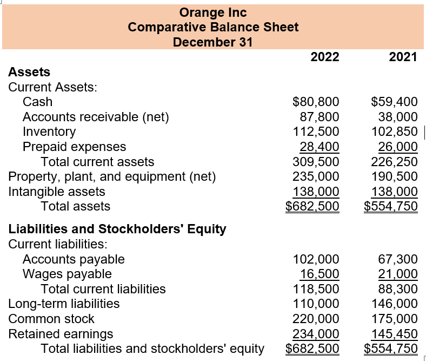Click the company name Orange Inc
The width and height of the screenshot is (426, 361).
pos(212,12)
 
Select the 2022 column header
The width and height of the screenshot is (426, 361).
pos(325,57)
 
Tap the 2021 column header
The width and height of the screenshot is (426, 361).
pos(403,57)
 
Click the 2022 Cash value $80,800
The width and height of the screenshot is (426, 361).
pos(316,102)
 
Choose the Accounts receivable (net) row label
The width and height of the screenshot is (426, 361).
pos(96,117)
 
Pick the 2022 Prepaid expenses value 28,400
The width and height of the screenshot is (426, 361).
pos(319,147)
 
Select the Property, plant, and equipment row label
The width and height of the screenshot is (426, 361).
pos(112,176)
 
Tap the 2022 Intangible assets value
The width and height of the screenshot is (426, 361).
pos(316,191)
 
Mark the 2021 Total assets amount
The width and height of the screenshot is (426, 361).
pos(391,206)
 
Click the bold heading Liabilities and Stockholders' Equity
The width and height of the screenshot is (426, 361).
pos(117,229)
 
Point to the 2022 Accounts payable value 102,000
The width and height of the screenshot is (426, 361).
pos(316,259)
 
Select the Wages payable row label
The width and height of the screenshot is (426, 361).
pos(67,274)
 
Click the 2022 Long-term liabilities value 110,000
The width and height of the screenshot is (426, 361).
pos(316,304)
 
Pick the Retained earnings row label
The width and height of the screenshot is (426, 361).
pos(61,333)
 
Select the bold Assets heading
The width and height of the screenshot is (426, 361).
pos(29,72)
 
